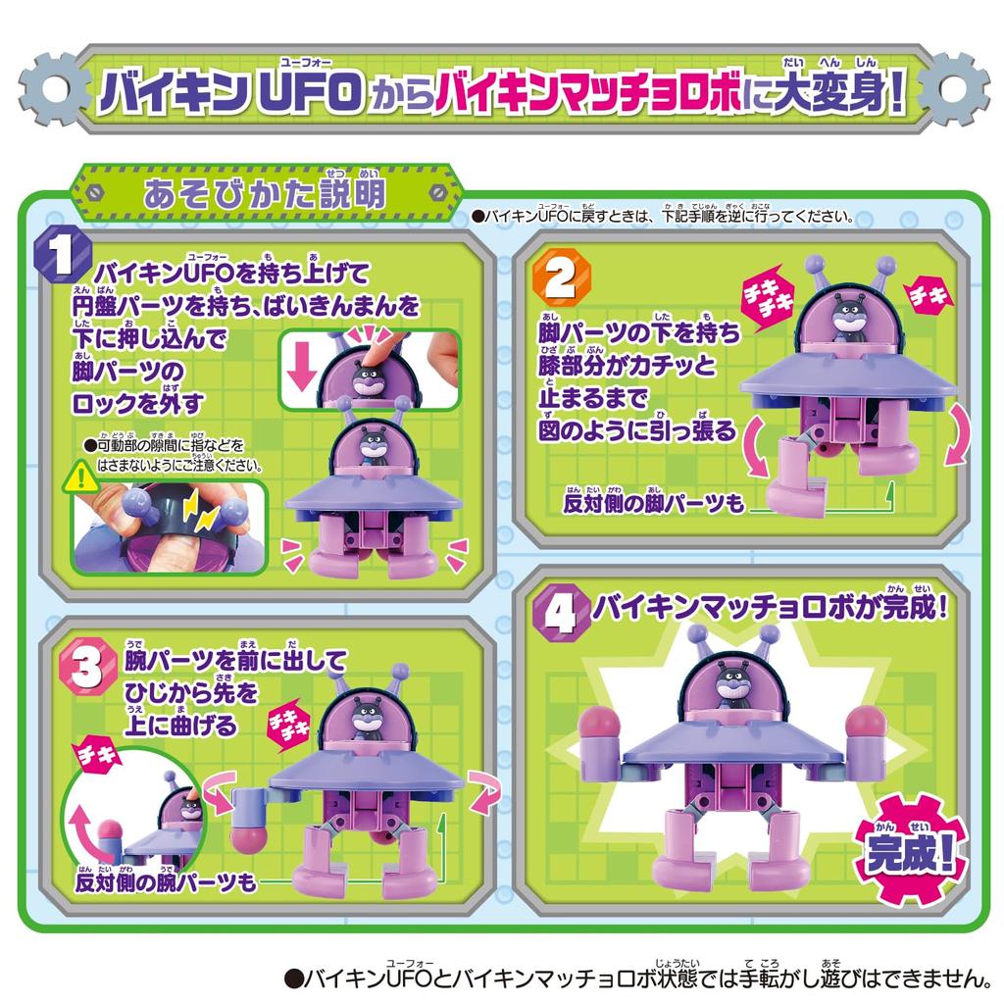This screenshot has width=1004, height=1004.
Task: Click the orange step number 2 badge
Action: pos(556,278)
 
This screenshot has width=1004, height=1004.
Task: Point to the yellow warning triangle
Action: pos(75,478)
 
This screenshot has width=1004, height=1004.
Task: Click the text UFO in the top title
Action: pos(312,96)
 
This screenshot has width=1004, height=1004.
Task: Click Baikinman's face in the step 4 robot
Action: pos(728,685)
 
